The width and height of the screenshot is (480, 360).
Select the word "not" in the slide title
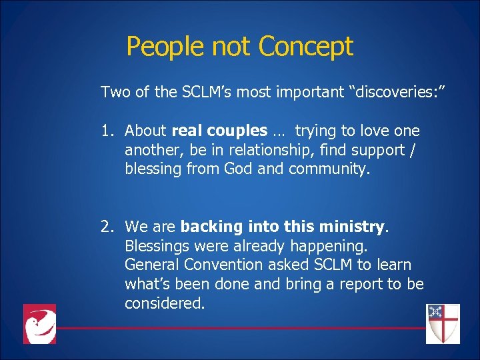pos(233,47)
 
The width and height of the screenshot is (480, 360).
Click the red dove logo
pos(39,323)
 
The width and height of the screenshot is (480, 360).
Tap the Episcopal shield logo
pos(443,323)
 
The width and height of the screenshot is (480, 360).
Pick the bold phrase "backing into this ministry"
pos(283,227)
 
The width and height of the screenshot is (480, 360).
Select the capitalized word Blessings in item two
pos(157,247)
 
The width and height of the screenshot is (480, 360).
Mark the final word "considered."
pos(165,304)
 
